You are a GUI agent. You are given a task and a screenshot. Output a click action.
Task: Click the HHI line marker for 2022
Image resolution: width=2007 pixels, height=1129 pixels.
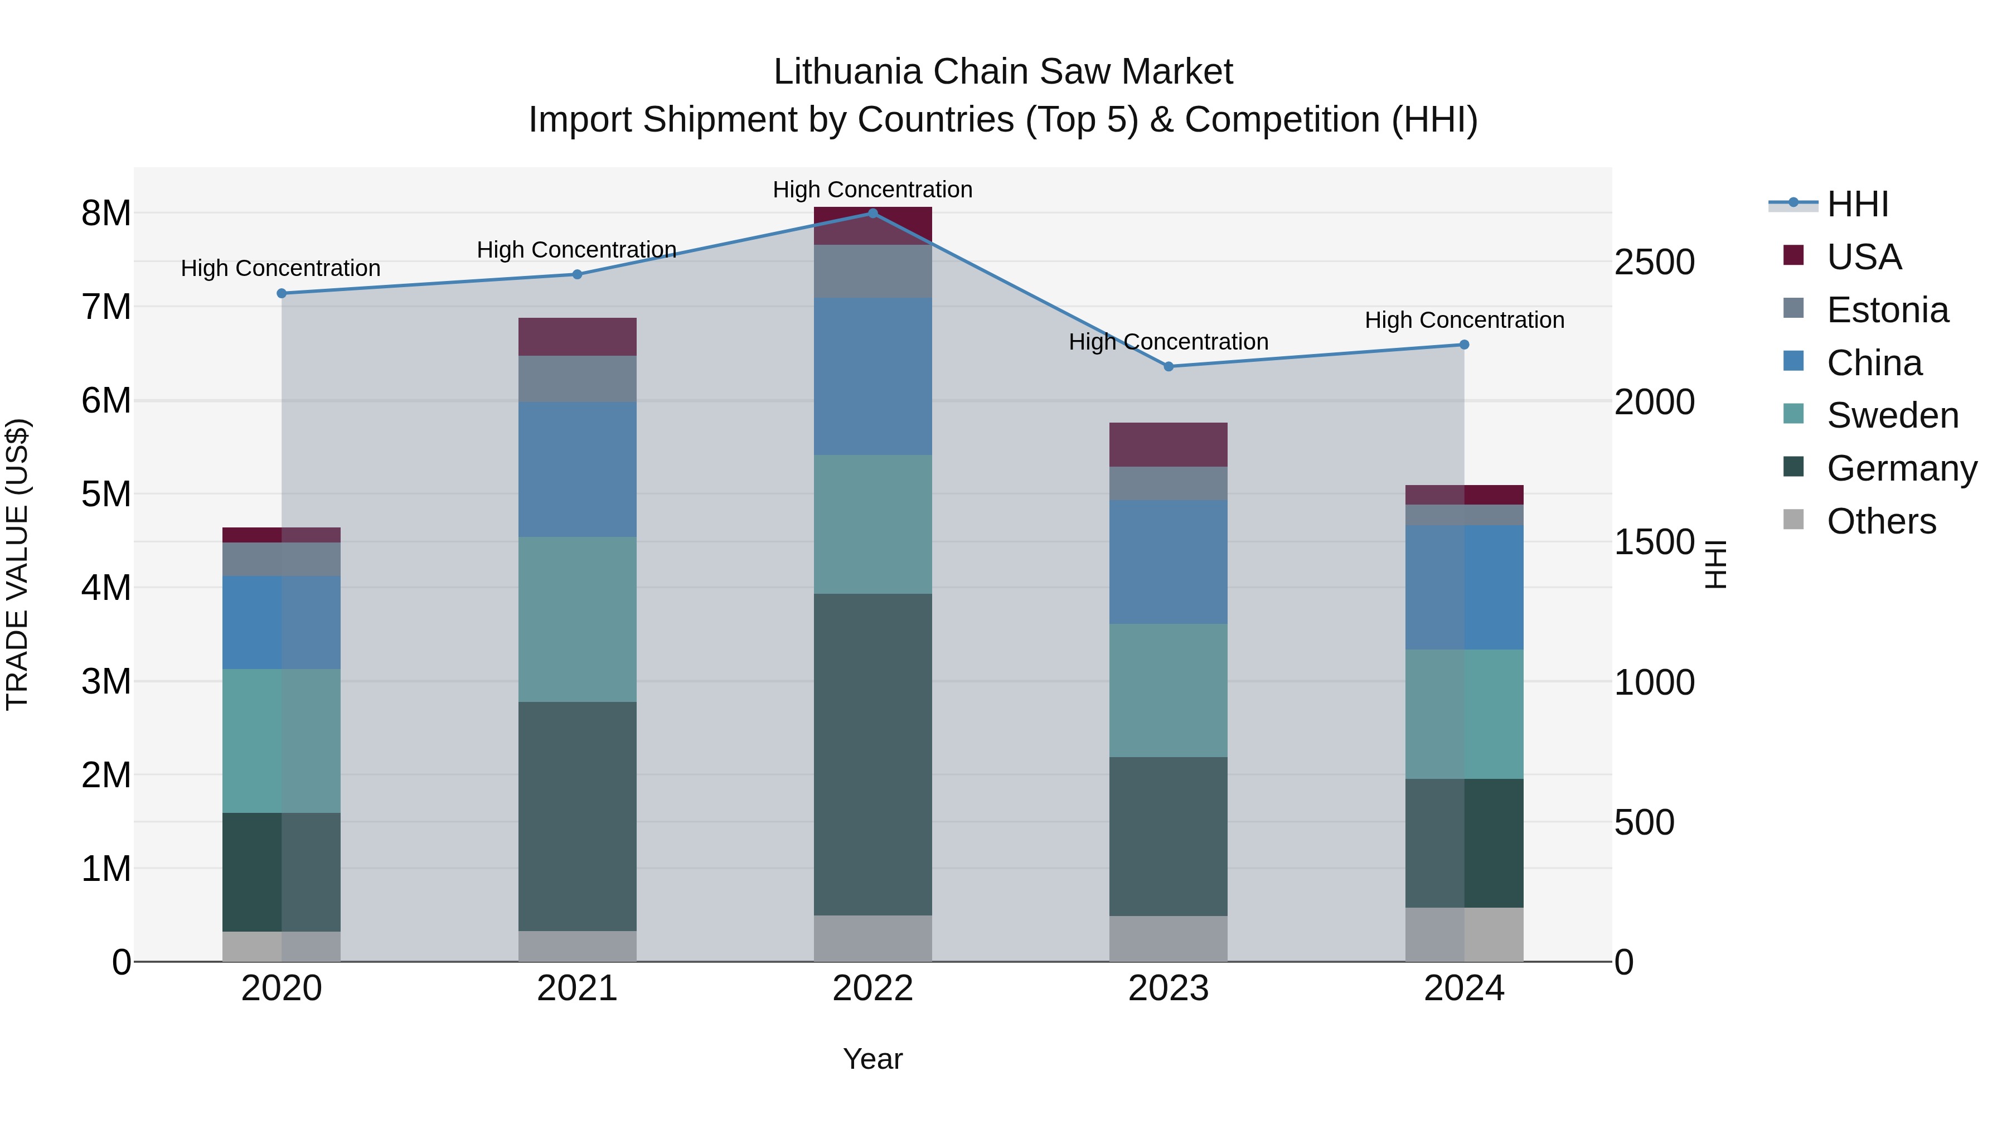[872, 213]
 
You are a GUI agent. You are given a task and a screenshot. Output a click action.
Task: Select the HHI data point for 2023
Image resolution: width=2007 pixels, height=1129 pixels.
[1168, 366]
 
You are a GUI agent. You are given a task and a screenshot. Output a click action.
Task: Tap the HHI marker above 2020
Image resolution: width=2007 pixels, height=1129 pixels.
[282, 293]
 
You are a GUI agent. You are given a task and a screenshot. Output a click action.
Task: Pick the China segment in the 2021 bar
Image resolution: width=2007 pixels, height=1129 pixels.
[578, 469]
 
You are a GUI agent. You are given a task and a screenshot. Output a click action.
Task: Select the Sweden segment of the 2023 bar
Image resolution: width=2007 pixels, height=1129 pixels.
[1168, 690]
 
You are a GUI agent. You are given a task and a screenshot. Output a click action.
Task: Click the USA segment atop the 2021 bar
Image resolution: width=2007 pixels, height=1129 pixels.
[578, 337]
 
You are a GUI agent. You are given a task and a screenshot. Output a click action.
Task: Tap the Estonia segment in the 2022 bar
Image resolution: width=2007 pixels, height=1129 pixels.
[872, 271]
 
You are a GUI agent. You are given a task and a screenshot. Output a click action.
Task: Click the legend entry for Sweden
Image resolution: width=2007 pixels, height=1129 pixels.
[1892, 415]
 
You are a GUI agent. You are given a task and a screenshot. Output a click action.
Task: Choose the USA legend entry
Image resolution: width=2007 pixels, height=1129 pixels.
[1864, 257]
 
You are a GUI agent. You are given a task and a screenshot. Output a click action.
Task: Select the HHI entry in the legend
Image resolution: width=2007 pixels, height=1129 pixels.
[1858, 204]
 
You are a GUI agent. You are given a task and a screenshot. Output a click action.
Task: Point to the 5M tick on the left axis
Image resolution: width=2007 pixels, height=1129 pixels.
[106, 494]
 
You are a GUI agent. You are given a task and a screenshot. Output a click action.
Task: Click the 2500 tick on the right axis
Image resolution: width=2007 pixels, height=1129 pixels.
[1654, 262]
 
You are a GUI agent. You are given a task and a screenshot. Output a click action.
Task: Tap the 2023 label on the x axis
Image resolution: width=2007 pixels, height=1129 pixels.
[1168, 988]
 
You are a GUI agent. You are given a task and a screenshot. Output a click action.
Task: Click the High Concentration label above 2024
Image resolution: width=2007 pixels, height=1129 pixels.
[1464, 319]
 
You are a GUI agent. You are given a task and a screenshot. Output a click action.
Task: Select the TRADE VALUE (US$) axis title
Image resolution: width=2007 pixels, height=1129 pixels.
[17, 564]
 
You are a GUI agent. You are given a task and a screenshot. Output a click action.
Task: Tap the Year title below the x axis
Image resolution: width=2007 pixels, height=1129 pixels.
[872, 1059]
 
